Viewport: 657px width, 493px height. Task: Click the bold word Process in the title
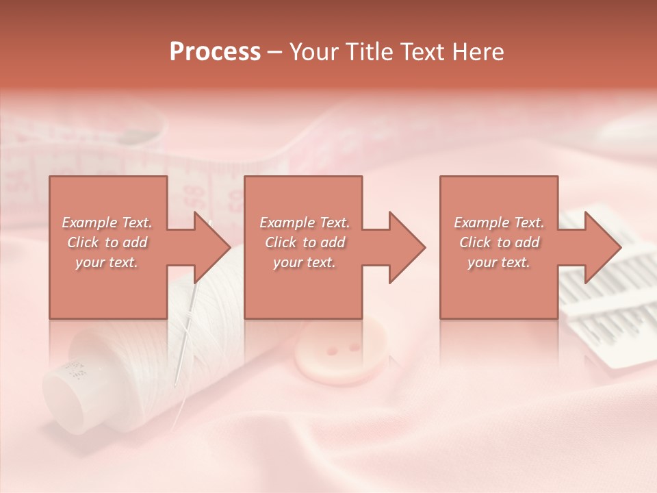[215, 52]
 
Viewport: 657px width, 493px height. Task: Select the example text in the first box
[107, 242]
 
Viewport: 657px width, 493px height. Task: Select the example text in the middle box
[305, 242]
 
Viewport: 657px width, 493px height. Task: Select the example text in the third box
[499, 242]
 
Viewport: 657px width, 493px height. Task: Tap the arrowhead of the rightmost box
[602, 247]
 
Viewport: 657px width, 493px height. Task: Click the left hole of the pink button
[331, 351]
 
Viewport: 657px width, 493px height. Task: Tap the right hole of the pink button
[353, 347]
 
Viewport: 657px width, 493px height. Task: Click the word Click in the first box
[83, 242]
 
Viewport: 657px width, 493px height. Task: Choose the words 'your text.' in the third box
[499, 262]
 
